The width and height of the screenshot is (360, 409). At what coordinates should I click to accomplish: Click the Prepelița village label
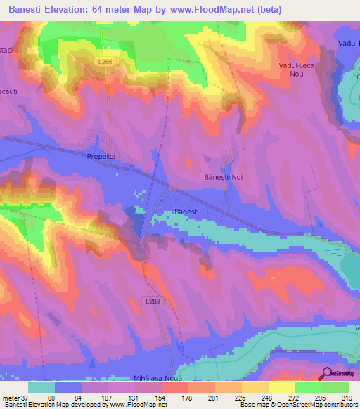tap(99, 157)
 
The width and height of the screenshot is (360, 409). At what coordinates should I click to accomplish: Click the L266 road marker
tap(105, 63)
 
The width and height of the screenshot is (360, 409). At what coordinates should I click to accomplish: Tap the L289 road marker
tap(157, 301)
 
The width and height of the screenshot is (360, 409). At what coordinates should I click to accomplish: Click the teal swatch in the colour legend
tap(41, 387)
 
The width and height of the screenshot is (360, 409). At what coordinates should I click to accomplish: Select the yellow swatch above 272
tap(282, 387)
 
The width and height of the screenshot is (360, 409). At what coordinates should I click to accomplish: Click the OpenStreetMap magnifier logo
tap(326, 373)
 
